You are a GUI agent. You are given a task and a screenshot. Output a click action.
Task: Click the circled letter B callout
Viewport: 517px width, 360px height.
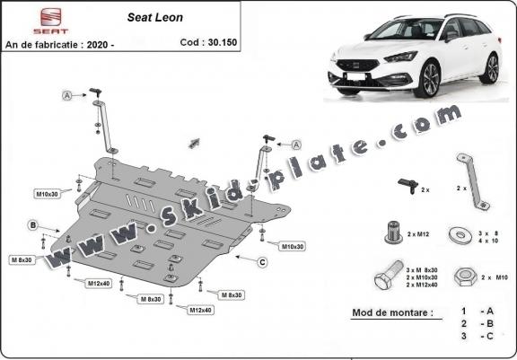(x=32, y=224)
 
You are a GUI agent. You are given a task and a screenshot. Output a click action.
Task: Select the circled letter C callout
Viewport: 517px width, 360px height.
(x=261, y=262)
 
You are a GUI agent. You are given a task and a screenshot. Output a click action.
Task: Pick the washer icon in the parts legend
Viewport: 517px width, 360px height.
(x=463, y=236)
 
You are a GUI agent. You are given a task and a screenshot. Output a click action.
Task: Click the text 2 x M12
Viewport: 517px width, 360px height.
(x=418, y=234)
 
